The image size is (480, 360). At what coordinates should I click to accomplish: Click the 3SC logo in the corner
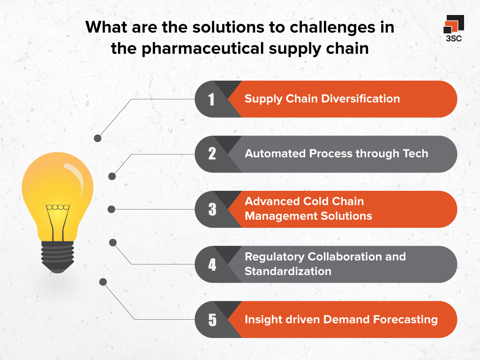(x=453, y=28)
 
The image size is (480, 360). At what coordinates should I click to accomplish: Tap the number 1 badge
(x=212, y=99)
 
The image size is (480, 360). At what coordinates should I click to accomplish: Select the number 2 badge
(x=212, y=154)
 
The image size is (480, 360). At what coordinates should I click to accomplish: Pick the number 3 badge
(x=212, y=209)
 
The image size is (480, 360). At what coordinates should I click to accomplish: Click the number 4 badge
(x=212, y=264)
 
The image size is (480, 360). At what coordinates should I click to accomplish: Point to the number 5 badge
(x=212, y=320)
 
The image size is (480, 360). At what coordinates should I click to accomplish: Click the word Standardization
(x=288, y=271)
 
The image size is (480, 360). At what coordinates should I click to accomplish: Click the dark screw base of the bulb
(x=58, y=255)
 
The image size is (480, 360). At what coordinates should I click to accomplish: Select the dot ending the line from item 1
(x=97, y=138)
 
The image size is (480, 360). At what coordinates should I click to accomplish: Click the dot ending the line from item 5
(x=103, y=282)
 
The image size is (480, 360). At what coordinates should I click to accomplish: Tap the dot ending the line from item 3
(x=112, y=209)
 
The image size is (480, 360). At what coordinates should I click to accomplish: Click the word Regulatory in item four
(x=275, y=257)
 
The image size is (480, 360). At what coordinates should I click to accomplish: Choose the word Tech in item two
(x=416, y=154)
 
